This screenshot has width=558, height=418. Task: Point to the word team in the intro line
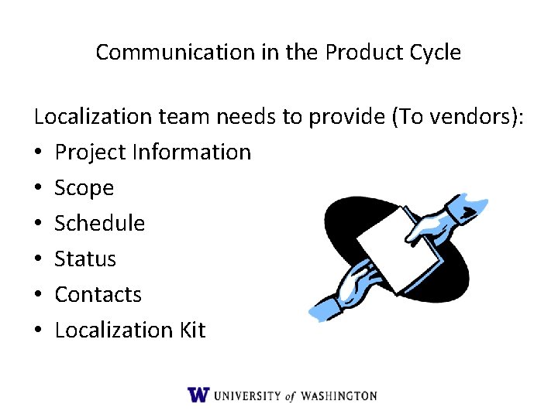click(x=184, y=117)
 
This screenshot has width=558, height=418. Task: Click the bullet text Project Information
click(x=153, y=152)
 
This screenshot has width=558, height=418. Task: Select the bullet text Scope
click(x=84, y=188)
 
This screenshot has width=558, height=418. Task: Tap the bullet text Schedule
click(x=99, y=224)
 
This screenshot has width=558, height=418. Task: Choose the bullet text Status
click(x=85, y=259)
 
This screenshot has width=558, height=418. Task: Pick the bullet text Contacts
click(x=98, y=295)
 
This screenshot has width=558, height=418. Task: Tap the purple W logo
click(x=198, y=395)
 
